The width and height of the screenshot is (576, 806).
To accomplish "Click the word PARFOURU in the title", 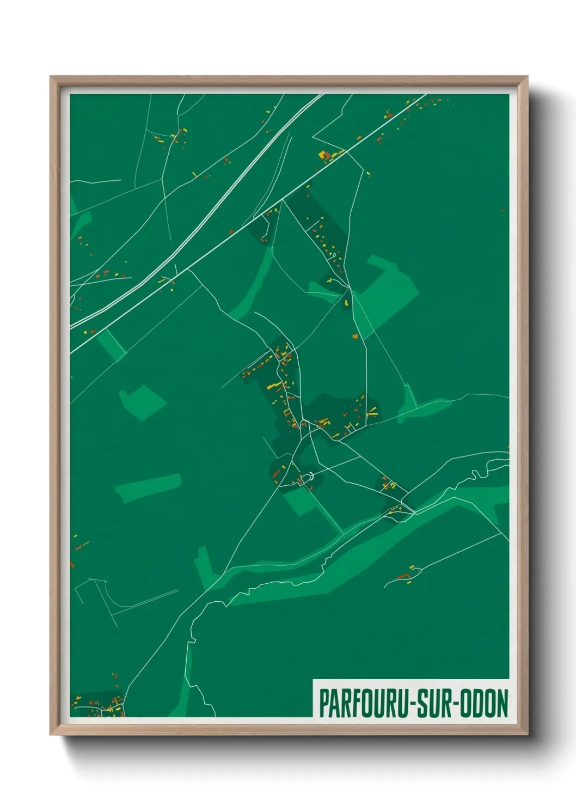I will tap(364, 704).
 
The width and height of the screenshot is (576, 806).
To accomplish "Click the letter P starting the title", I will tap(323, 704).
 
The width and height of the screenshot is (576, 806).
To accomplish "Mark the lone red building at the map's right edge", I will tap(503, 211).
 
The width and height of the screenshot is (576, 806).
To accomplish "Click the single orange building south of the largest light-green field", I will tap(355, 337).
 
